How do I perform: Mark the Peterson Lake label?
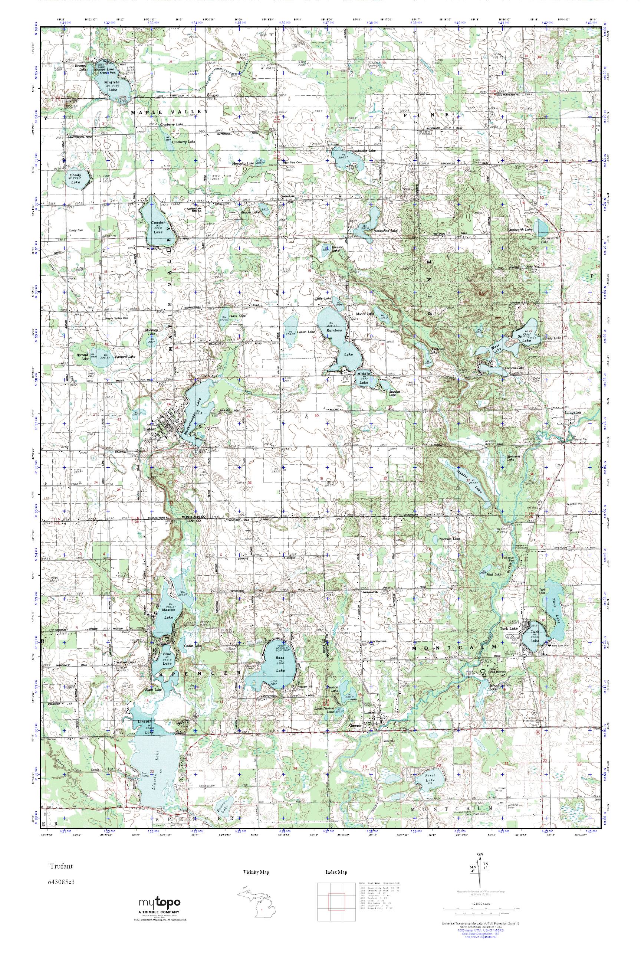pyautogui.click(x=449, y=539)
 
